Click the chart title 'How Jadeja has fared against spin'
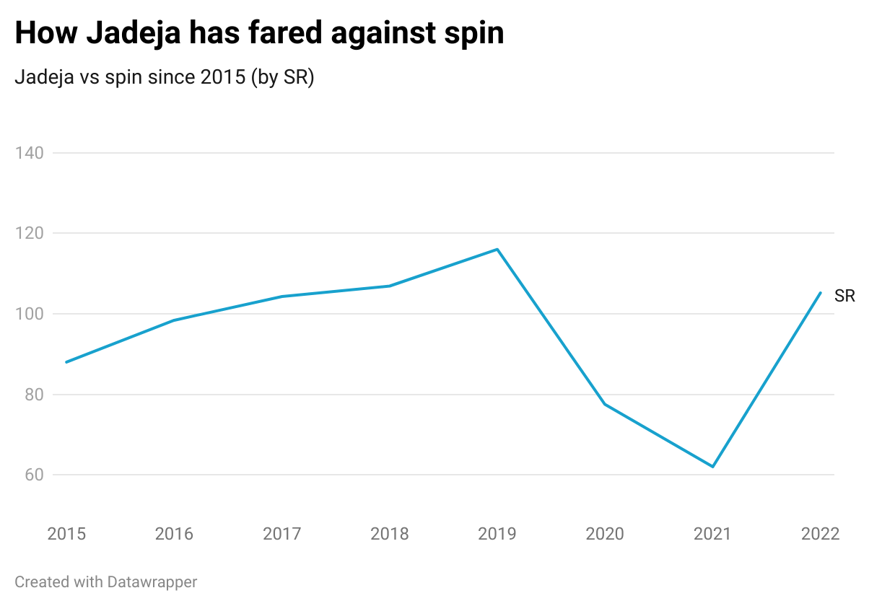pos(259,34)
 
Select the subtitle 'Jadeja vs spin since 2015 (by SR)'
pos(164,77)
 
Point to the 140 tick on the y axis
pos(30,153)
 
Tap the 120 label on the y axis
pos(30,234)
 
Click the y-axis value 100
pos(30,314)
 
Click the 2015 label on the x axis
pos(66,534)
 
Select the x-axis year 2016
pos(174,534)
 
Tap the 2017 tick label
pos(281,534)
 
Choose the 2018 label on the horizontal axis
pos(390,534)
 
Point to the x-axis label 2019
pos(497,534)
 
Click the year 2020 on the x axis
pos(605,534)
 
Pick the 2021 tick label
pos(712,534)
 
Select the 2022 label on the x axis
pos(821,534)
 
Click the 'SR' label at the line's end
pos(844,296)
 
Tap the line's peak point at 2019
pos(497,250)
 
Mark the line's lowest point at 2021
pos(712,467)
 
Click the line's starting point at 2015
pos(66,362)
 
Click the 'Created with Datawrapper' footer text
pos(105,581)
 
